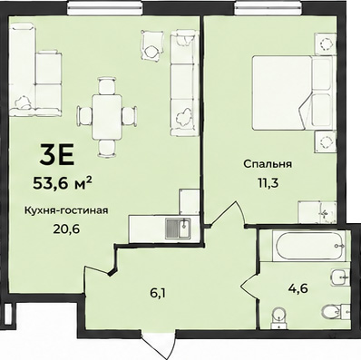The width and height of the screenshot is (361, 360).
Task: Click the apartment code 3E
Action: point(57,154)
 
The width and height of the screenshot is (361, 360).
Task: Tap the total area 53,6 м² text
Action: point(63,182)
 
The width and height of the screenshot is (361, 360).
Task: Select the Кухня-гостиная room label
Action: point(66,210)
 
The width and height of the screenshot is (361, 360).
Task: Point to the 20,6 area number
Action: point(66,229)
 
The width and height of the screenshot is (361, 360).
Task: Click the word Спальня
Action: point(268,164)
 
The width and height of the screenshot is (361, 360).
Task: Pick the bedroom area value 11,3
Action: point(268,183)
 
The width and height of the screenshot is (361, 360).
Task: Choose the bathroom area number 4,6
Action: point(298,288)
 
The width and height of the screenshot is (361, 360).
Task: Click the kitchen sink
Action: point(178,228)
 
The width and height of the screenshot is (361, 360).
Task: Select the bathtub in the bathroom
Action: point(309,246)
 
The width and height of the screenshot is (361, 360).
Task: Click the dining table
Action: point(107,117)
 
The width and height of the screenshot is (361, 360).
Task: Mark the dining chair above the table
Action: point(107,86)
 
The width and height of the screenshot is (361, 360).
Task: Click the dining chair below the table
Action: point(107,148)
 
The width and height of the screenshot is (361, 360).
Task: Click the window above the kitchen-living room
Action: point(105,7)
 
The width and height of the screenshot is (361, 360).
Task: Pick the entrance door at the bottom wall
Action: point(159,345)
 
